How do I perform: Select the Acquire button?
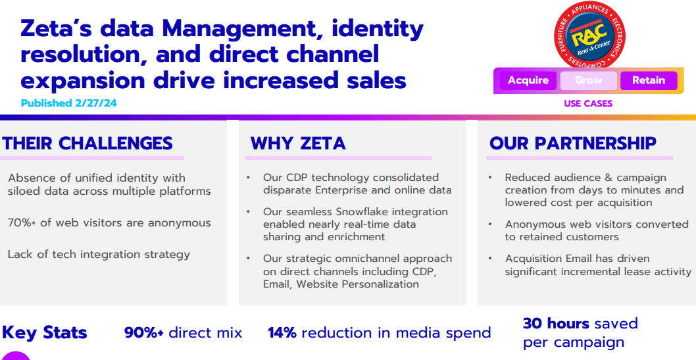528,80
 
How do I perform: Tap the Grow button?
588,80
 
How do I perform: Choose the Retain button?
648,80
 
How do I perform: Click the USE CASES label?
587,103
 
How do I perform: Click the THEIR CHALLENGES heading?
87,143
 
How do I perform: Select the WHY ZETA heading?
298,143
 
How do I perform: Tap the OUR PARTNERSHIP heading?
572,143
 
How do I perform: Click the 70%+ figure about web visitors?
22,223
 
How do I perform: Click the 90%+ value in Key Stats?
144,333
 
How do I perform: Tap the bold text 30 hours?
555,323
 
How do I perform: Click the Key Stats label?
45,333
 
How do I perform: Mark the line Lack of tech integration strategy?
99,255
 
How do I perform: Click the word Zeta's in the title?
60,30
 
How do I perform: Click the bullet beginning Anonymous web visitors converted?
596,230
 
